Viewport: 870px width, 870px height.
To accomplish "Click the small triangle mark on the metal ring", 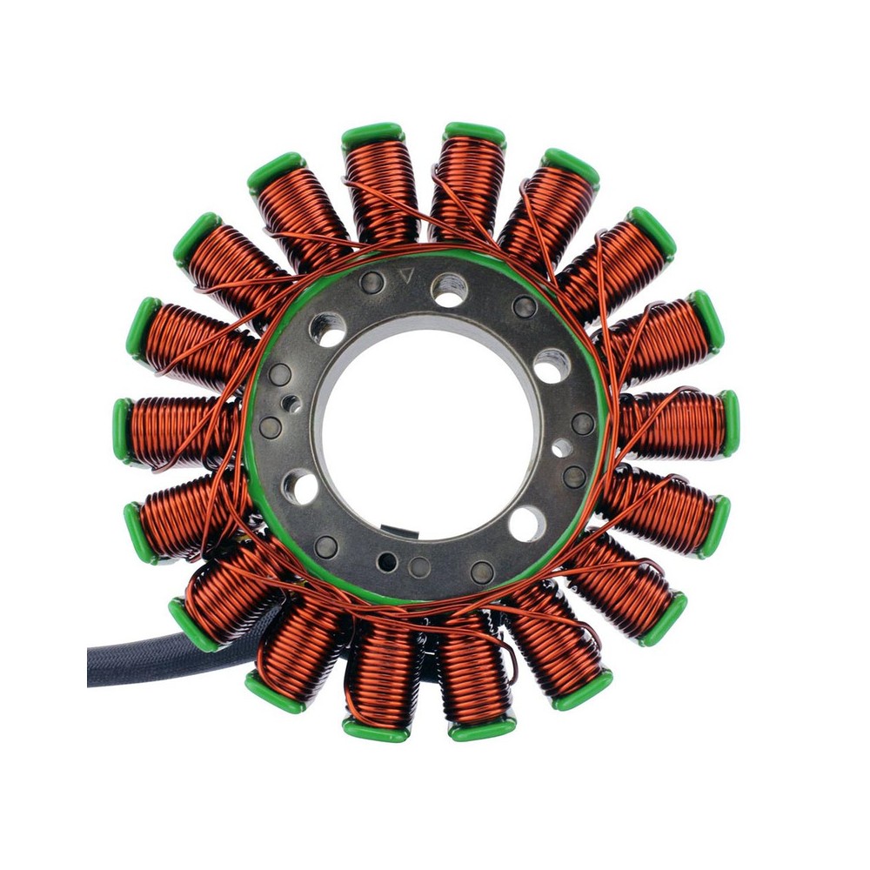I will tap(404, 278).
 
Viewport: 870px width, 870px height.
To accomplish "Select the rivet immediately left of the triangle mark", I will tap(371, 282).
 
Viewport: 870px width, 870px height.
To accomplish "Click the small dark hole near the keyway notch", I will tap(387, 562).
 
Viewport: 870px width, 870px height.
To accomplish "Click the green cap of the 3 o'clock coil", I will tap(729, 423).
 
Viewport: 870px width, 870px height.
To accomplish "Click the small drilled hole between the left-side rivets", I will tap(291, 403).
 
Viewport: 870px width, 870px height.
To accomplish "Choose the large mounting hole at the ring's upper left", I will tap(327, 329).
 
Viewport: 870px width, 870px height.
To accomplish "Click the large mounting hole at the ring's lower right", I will tap(527, 524).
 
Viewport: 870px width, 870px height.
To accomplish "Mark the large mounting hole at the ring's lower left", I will tap(300, 487).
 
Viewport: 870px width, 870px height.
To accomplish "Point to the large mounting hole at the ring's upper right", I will tap(552, 365).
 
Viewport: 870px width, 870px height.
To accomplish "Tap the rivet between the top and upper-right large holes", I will tap(524, 306).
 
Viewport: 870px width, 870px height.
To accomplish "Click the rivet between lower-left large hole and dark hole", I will tap(326, 546).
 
